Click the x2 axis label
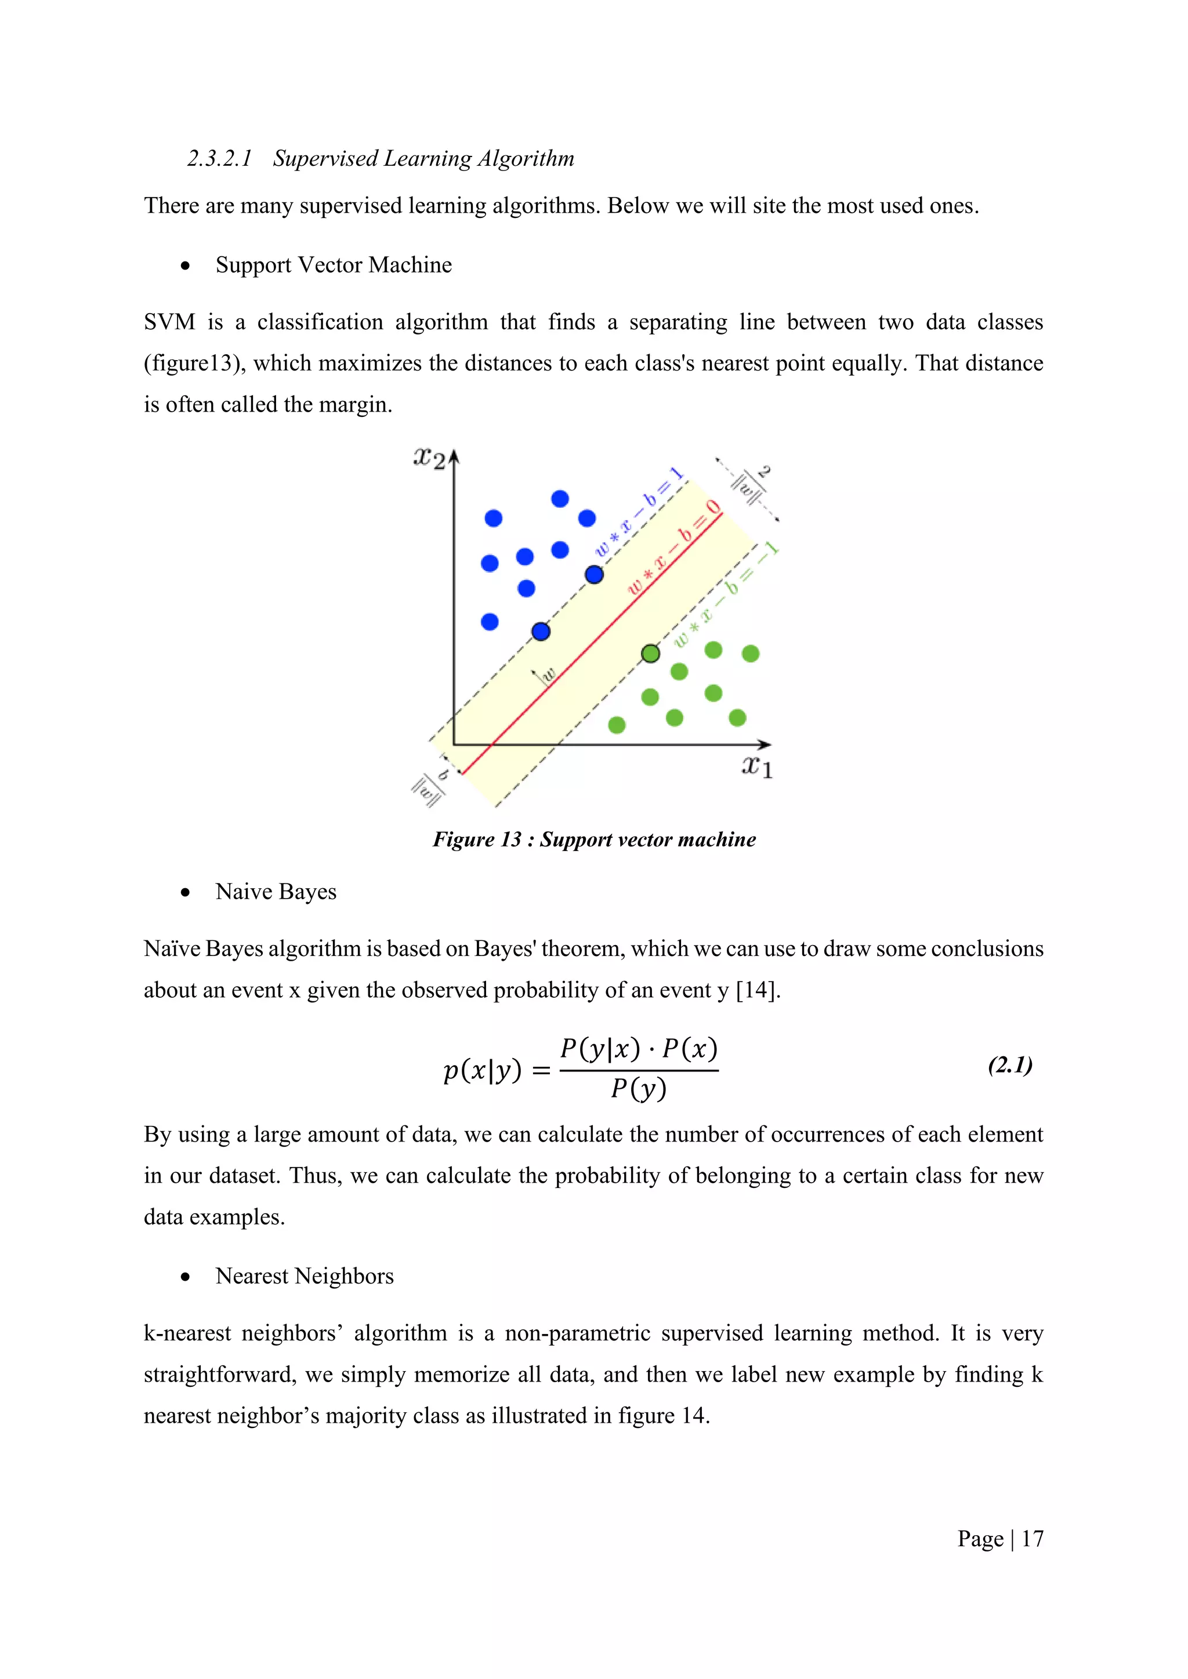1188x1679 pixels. pos(429,459)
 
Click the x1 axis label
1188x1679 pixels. pos(756,766)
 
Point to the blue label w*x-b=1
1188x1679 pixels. pos(639,511)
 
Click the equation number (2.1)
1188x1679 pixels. pos(1009,1066)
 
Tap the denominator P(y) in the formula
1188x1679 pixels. pos(639,1089)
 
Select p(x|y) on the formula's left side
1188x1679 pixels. pos(483,1071)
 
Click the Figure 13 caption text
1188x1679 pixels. pos(594,839)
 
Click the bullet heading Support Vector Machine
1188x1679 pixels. pos(334,265)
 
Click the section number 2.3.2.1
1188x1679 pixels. pos(219,159)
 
